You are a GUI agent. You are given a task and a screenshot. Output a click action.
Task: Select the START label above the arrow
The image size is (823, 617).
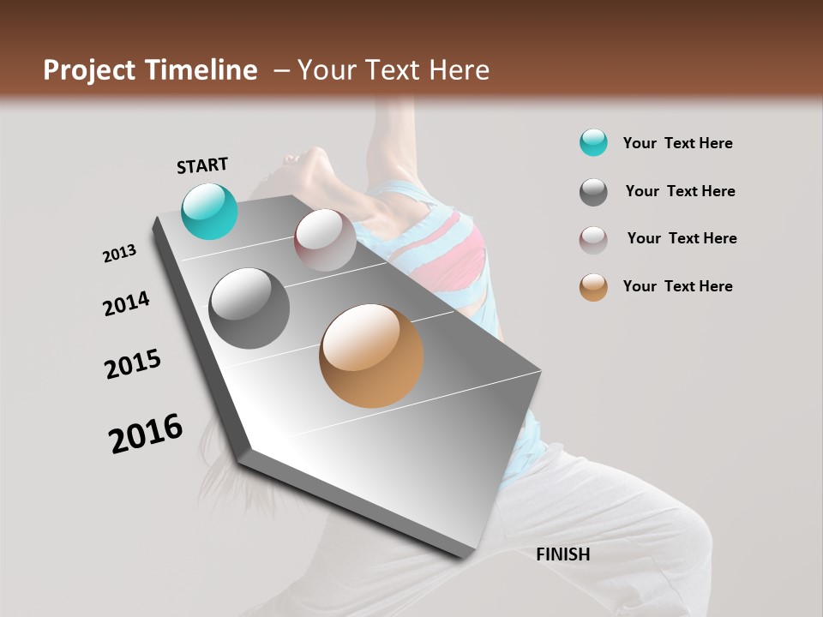202,165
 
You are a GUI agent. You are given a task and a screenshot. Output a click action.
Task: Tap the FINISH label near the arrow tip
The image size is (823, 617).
562,554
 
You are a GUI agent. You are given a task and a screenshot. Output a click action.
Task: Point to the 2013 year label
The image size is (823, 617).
119,254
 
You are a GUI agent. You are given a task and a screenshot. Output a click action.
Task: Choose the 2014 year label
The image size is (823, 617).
126,303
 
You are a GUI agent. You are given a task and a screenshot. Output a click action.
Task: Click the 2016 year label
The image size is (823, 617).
146,434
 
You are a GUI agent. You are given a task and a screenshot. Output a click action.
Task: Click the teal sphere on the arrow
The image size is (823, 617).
210,212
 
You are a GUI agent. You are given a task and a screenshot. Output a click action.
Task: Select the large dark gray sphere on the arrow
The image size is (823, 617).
249,308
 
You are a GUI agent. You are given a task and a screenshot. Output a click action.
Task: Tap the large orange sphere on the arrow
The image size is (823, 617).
371,356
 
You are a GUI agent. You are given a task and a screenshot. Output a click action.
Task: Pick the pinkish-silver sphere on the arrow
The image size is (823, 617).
325,240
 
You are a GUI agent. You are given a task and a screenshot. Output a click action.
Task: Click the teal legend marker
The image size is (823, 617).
593,143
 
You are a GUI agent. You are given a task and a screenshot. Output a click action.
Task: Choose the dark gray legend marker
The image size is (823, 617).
593,192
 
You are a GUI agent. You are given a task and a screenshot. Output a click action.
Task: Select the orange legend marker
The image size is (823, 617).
593,287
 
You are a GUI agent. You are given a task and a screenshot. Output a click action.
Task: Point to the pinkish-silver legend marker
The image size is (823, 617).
593,240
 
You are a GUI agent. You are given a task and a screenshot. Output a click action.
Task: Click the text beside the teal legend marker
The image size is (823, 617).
677,143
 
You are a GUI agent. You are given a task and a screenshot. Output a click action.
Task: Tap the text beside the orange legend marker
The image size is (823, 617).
677,286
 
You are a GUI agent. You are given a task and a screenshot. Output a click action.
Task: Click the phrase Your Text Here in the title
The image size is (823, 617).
393,70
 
